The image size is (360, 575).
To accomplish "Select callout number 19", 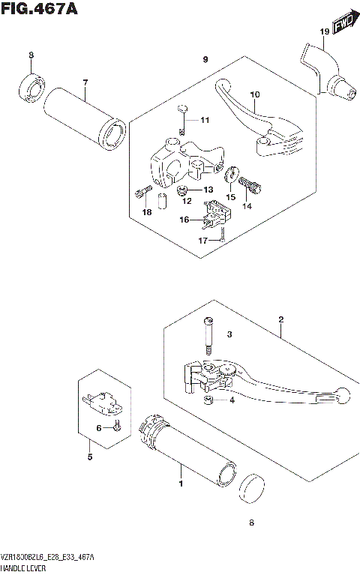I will [x=324, y=31].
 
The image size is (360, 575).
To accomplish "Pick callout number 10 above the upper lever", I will [x=254, y=95].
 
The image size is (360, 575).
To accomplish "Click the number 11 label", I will [x=205, y=121].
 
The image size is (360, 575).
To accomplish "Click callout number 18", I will [x=148, y=213].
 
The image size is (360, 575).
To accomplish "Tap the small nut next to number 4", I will [x=209, y=401].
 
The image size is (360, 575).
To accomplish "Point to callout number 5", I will [x=89, y=457].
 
